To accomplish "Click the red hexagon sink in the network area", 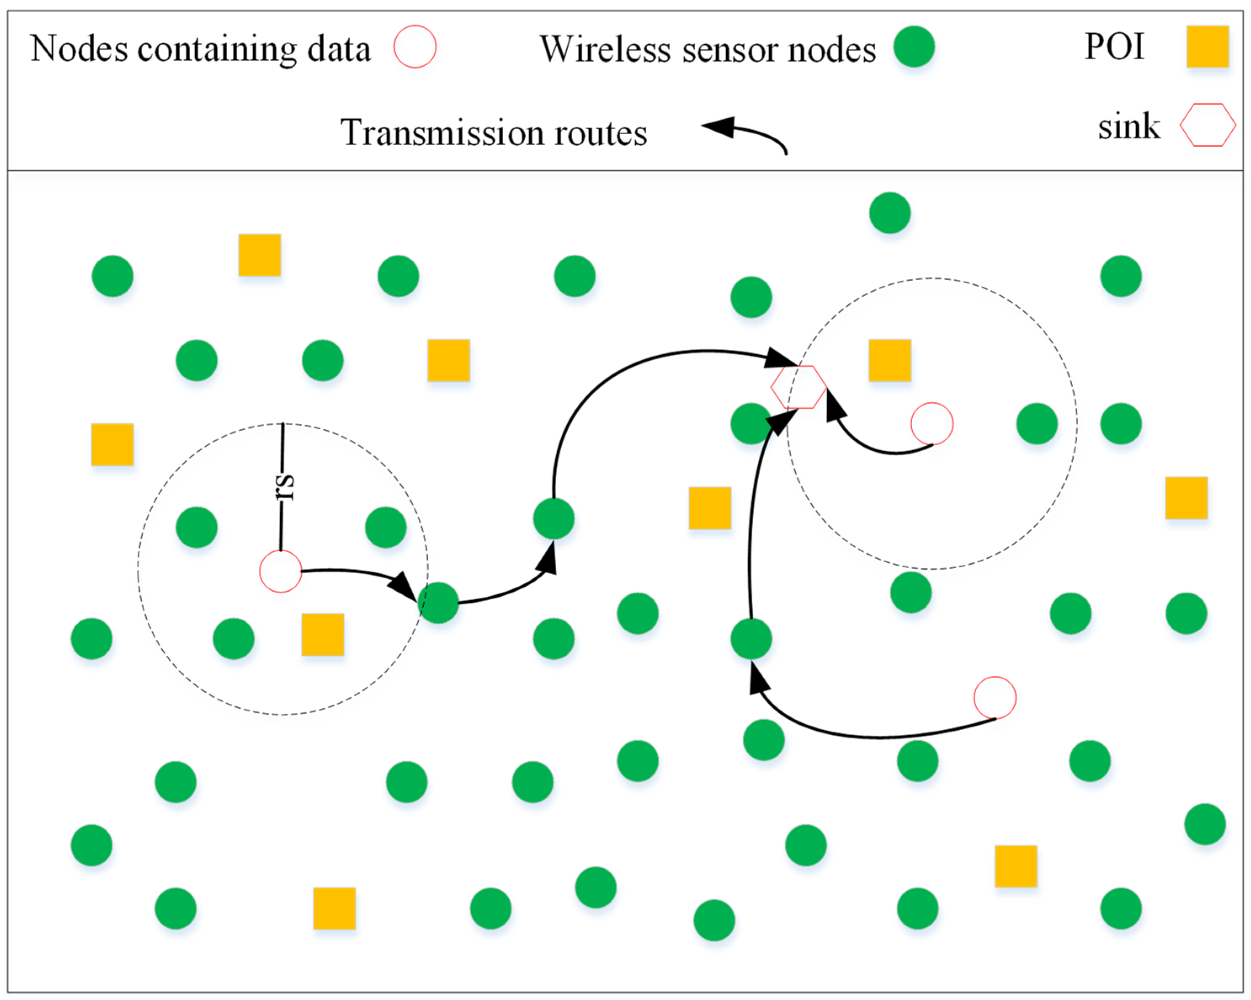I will pyautogui.click(x=798, y=387).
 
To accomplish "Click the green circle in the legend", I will pyautogui.click(x=914, y=46).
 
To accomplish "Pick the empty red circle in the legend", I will pyautogui.click(x=415, y=46).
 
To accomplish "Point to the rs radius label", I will pyautogui.click(x=285, y=487).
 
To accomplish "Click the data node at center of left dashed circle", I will pyautogui.click(x=280, y=572).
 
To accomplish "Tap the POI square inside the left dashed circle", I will pyautogui.click(x=323, y=634).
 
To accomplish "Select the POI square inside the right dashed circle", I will pyautogui.click(x=890, y=360).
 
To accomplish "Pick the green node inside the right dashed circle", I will pyautogui.click(x=1036, y=424).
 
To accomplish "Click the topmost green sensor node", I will pyautogui.click(x=890, y=213).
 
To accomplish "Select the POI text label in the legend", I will pyautogui.click(x=1114, y=46).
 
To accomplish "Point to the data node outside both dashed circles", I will pyautogui.click(x=995, y=698).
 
